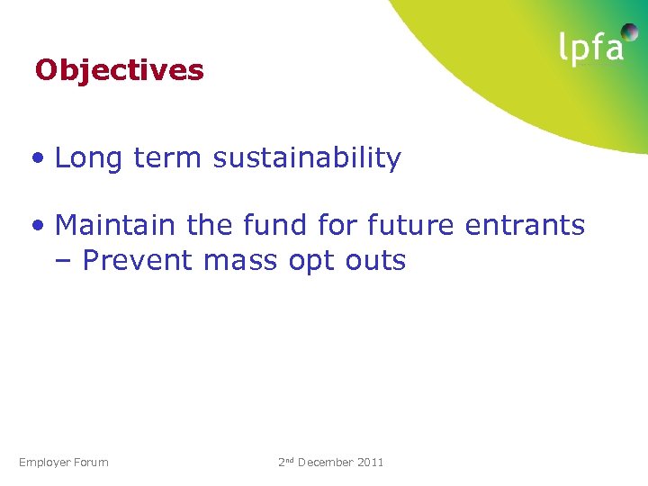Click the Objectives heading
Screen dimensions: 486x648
pyautogui.click(x=119, y=70)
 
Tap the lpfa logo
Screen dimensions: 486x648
pyautogui.click(x=591, y=47)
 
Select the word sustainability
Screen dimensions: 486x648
pyautogui.click(x=307, y=158)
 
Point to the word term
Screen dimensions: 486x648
pyautogui.click(x=168, y=158)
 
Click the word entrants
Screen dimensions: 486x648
pyautogui.click(x=526, y=225)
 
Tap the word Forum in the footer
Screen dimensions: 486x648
pyautogui.click(x=93, y=463)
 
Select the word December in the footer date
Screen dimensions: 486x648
pyautogui.click(x=326, y=463)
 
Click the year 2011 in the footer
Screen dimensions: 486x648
pyautogui.click(x=371, y=463)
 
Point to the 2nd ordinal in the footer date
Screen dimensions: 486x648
pyautogui.click(x=286, y=462)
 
